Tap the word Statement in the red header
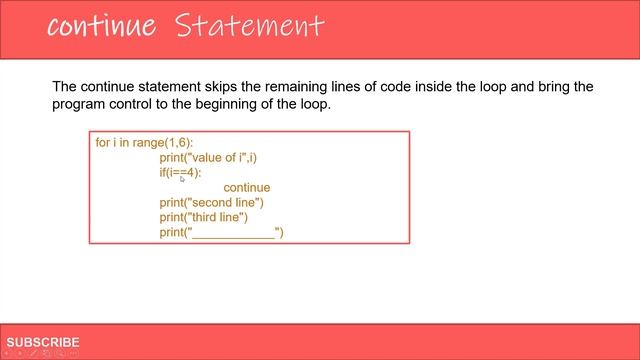pos(249,26)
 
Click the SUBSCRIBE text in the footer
pos(43,342)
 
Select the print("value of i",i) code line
pos(215,157)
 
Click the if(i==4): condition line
pos(187,172)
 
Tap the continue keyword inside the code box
pos(246,187)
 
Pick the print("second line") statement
pos(211,202)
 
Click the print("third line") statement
pos(203,217)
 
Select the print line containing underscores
pos(222,232)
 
